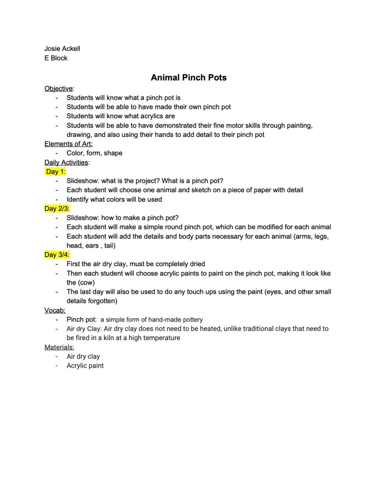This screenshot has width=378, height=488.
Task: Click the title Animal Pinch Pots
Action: [189, 77]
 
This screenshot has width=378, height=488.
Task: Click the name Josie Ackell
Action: [63, 49]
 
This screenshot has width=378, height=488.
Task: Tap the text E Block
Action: [56, 58]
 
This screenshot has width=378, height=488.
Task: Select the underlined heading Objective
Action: [59, 88]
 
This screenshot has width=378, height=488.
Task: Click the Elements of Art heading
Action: [68, 144]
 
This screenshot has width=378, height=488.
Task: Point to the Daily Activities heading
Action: [66, 162]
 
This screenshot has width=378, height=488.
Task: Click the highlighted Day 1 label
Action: [56, 172]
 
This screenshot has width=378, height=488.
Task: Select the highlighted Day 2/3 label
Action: [57, 208]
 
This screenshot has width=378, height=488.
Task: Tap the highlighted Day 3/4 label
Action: [57, 255]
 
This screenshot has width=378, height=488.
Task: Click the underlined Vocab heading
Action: [54, 310]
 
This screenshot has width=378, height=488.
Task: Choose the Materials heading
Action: [59, 347]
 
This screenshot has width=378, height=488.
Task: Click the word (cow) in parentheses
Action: [77, 282]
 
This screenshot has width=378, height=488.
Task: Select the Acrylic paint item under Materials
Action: [85, 366]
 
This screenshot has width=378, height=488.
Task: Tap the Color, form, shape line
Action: [94, 153]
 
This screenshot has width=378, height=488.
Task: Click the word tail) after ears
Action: [108, 246]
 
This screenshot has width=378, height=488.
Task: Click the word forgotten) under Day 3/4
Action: [102, 301]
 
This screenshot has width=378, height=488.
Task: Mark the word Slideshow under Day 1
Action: [83, 181]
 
